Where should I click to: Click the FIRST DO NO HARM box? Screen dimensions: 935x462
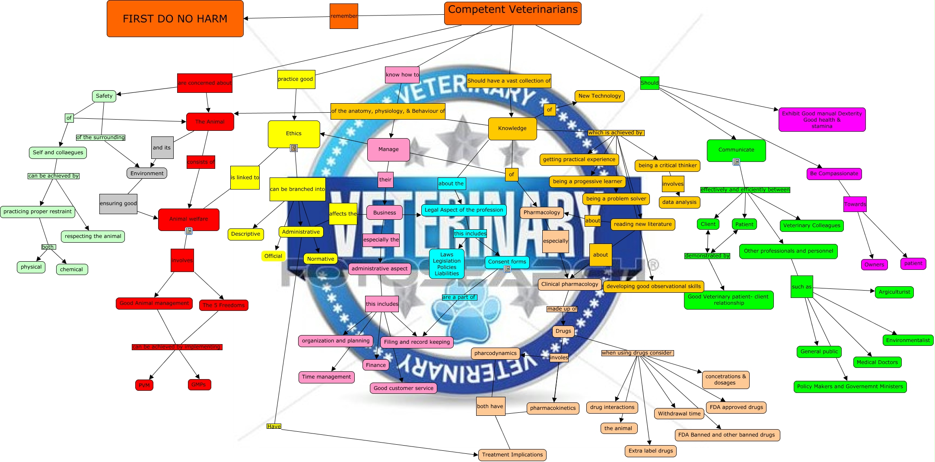click(x=175, y=19)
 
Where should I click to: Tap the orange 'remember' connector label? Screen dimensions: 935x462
click(x=343, y=16)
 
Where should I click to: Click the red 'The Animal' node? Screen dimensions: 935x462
click(x=210, y=122)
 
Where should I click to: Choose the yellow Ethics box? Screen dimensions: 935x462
click(x=294, y=133)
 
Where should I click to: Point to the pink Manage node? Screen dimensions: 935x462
click(x=388, y=149)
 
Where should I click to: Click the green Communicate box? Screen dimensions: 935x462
click(x=736, y=150)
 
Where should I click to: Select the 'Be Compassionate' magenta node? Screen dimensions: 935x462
click(x=834, y=174)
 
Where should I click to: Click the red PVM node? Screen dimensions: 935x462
click(x=144, y=385)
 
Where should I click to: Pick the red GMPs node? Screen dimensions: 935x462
click(x=199, y=384)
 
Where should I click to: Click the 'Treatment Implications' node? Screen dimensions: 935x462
click(x=512, y=455)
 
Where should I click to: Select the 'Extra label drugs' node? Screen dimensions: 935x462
click(x=650, y=451)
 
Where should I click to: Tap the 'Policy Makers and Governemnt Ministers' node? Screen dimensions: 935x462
click(x=850, y=386)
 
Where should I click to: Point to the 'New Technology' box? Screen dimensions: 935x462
click(x=599, y=96)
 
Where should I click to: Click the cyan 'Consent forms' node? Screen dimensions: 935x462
click(x=507, y=262)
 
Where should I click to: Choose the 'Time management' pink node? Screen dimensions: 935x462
click(x=326, y=377)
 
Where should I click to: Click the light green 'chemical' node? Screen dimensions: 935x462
click(x=71, y=269)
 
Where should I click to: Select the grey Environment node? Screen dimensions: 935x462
click(x=147, y=174)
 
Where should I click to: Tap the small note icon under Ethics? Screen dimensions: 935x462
click(x=294, y=148)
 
